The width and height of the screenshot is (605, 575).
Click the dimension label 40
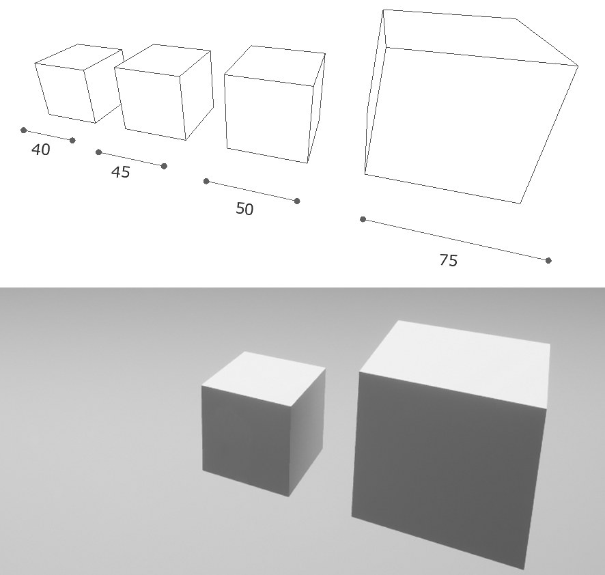click(40, 150)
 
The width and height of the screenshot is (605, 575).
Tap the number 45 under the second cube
click(120, 171)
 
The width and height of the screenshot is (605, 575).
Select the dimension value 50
click(244, 209)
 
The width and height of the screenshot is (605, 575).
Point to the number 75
click(449, 260)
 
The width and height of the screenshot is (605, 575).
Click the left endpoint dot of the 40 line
click(23, 130)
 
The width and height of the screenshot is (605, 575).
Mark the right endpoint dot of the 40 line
click(72, 141)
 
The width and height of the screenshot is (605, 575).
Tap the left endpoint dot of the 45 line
click(99, 152)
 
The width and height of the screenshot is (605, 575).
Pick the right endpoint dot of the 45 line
click(164, 167)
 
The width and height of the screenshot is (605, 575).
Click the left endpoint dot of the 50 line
click(206, 182)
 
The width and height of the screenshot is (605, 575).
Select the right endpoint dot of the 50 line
click(297, 201)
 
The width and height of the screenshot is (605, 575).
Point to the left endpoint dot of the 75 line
click(363, 220)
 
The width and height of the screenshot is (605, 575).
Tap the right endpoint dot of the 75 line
click(549, 261)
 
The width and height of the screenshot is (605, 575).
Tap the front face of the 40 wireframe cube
click(66, 93)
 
